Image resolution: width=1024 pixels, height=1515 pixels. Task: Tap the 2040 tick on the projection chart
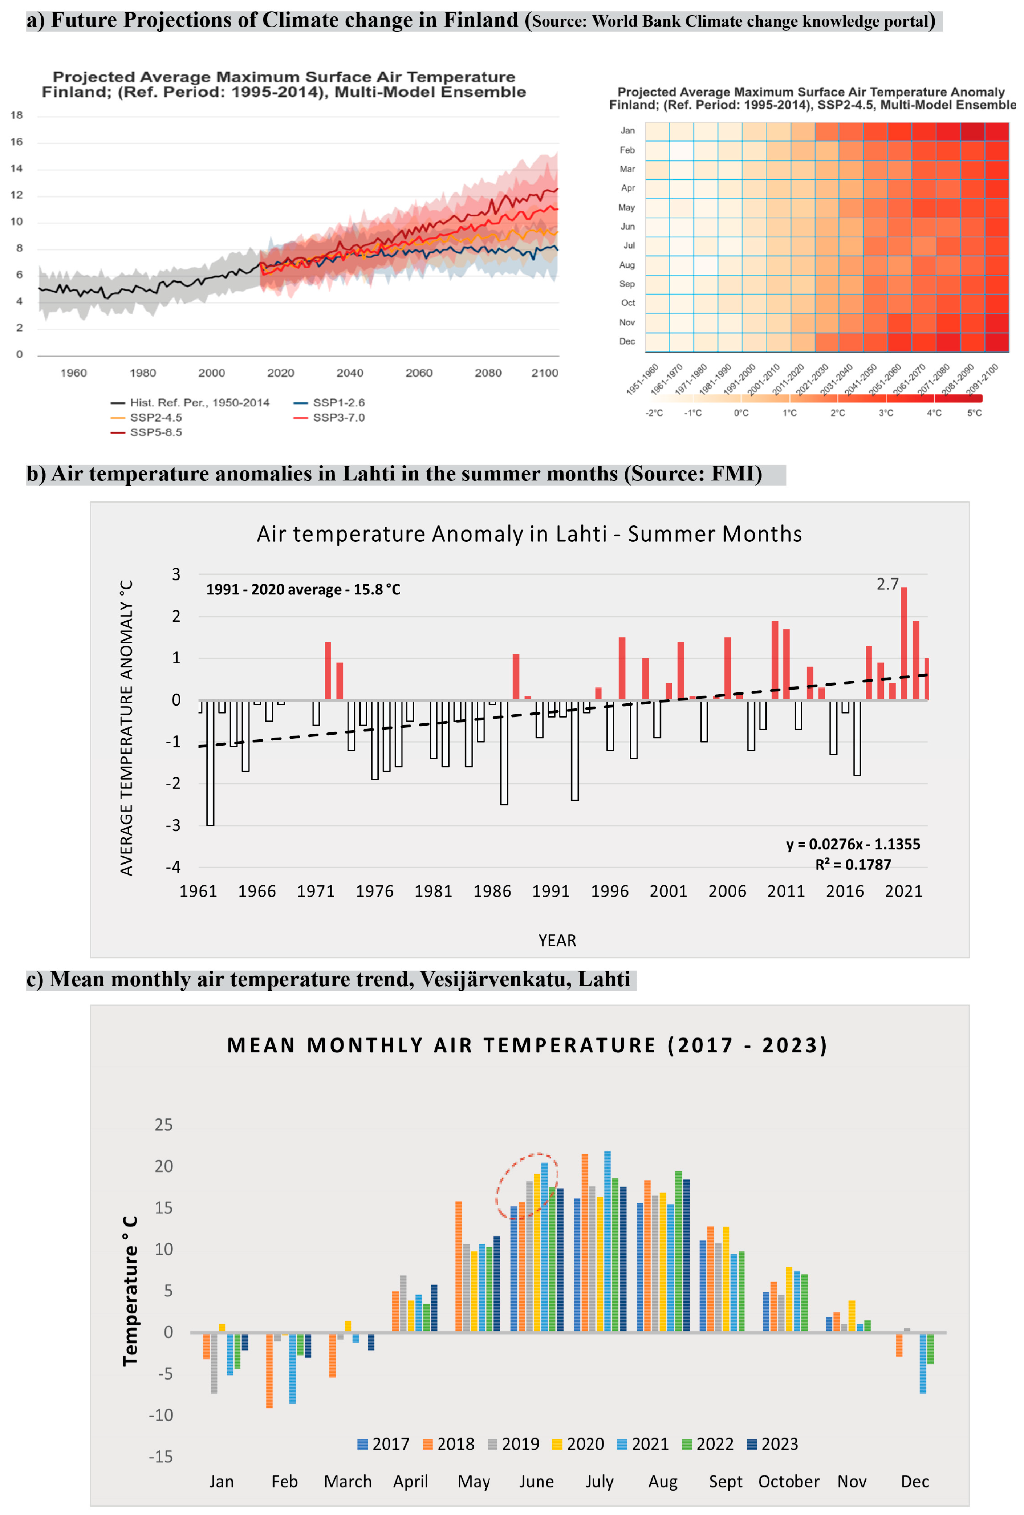coord(349,373)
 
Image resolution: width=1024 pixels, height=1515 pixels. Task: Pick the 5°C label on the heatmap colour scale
coord(974,413)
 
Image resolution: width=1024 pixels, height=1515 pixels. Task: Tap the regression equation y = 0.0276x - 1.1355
coord(853,844)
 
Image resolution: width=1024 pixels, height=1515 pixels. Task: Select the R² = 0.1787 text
coord(853,864)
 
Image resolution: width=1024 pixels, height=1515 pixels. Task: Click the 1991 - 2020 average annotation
coord(303,589)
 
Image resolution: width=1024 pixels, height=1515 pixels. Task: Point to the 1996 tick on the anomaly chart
coord(609,891)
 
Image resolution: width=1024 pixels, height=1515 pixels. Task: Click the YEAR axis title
coord(557,940)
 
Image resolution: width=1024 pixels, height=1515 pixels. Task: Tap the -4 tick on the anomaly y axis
coord(173,867)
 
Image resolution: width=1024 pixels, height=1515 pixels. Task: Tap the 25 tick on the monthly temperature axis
coord(164,1125)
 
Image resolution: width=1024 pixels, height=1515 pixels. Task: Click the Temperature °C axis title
coord(130,1290)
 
